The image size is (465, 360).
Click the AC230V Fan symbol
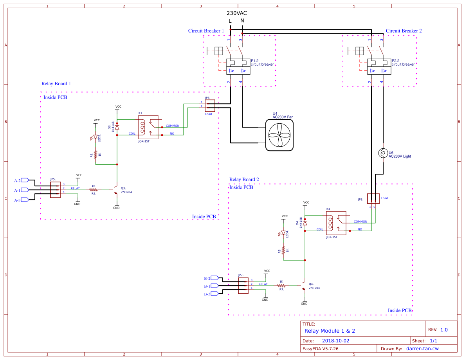[279, 135]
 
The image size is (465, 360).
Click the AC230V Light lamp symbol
[383, 153]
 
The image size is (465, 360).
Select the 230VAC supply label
[236, 13]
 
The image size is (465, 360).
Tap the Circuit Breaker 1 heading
[206, 31]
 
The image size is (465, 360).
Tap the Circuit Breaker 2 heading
[404, 31]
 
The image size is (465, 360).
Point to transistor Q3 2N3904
[115, 190]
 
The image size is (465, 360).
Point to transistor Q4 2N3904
[303, 285]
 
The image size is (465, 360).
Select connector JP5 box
[55, 189]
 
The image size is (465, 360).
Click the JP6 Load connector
[210, 104]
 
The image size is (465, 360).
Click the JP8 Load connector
[373, 199]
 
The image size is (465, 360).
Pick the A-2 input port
[25, 180]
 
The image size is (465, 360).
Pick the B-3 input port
[213, 294]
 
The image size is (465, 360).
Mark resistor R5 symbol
[93, 189]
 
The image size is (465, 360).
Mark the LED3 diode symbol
[95, 138]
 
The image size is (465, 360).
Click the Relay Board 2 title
[244, 180]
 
